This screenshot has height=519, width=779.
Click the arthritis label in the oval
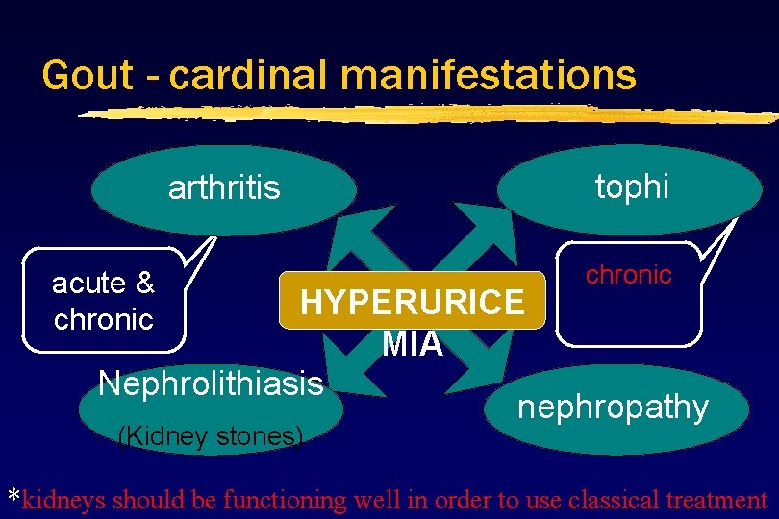[224, 187]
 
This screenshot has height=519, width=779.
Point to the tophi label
[632, 186]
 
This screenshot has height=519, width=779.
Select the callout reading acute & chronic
[103, 300]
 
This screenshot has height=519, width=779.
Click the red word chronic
[629, 275]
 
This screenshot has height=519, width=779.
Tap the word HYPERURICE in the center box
[413, 303]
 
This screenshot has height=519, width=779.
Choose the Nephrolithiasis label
[211, 383]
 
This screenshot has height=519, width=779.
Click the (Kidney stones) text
[210, 436]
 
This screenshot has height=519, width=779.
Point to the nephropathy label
[613, 407]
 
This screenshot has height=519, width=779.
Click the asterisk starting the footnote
[13, 497]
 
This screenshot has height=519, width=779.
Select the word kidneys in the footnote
[64, 500]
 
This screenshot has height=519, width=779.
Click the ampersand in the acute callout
[144, 284]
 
